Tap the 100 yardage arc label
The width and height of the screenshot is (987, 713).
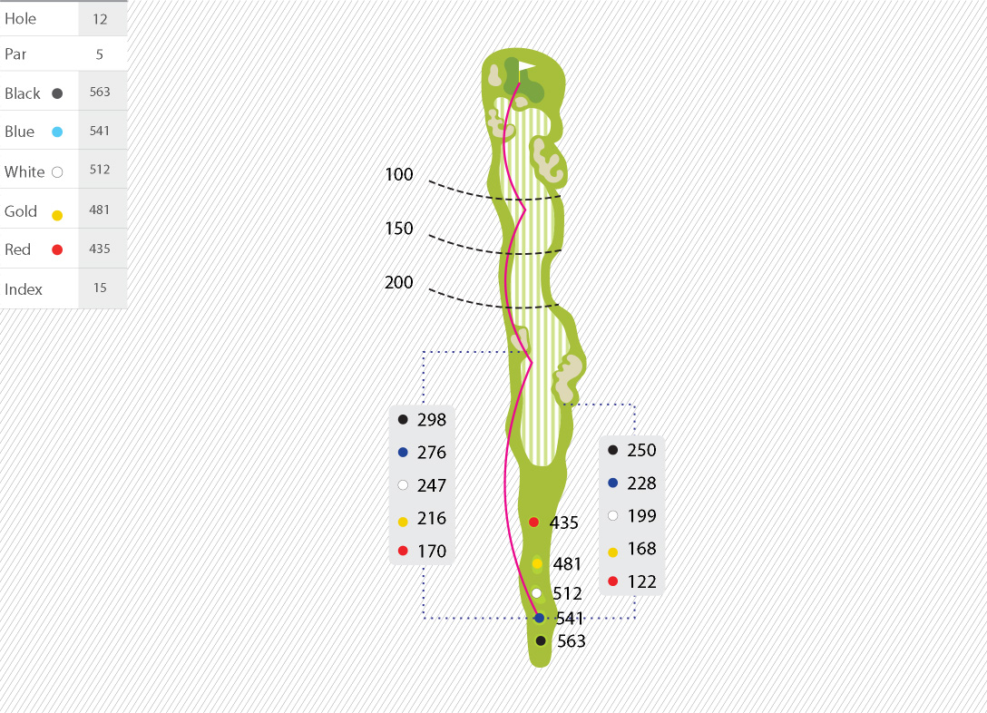tap(399, 174)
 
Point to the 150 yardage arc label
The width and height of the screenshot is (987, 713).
tap(399, 229)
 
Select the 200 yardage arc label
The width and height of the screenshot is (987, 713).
tap(399, 282)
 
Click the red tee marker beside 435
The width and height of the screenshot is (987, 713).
tap(533, 522)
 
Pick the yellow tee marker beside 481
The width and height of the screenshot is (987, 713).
tap(537, 564)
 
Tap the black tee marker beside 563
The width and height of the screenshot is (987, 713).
tap(541, 640)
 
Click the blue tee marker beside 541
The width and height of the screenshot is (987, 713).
tap(539, 618)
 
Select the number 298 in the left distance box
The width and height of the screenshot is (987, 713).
tap(432, 420)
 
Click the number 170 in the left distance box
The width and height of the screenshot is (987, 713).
tap(432, 552)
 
